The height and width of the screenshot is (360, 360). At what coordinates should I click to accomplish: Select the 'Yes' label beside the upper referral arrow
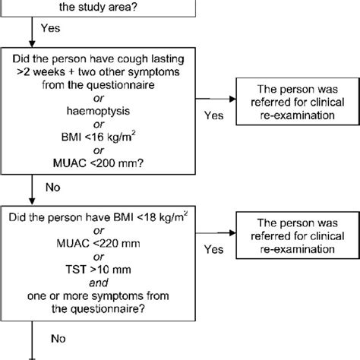pyautogui.click(x=216, y=116)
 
